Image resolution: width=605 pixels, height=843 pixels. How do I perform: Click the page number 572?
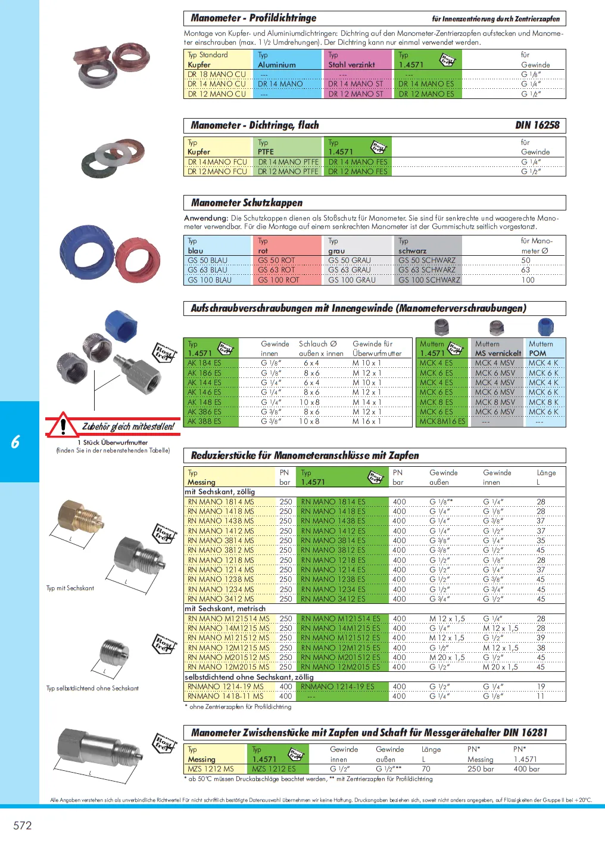(x=23, y=825)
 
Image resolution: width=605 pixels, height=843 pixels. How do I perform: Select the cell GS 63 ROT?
(x=276, y=270)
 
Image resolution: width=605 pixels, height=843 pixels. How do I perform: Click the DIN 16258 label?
(x=537, y=125)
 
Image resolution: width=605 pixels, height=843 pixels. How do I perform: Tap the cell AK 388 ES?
(x=204, y=421)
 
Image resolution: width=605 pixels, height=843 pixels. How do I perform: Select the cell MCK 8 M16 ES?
(x=442, y=421)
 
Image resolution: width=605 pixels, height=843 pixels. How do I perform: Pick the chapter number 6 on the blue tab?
(x=15, y=442)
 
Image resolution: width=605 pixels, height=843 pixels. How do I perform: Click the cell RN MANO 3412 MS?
(x=220, y=599)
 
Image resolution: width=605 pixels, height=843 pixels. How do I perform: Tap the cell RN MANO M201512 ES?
(x=340, y=658)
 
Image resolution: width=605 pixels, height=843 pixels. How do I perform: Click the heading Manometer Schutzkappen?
(x=247, y=203)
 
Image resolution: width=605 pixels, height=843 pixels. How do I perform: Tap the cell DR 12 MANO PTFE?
(x=288, y=172)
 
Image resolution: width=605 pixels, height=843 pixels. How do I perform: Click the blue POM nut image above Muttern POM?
(x=545, y=327)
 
